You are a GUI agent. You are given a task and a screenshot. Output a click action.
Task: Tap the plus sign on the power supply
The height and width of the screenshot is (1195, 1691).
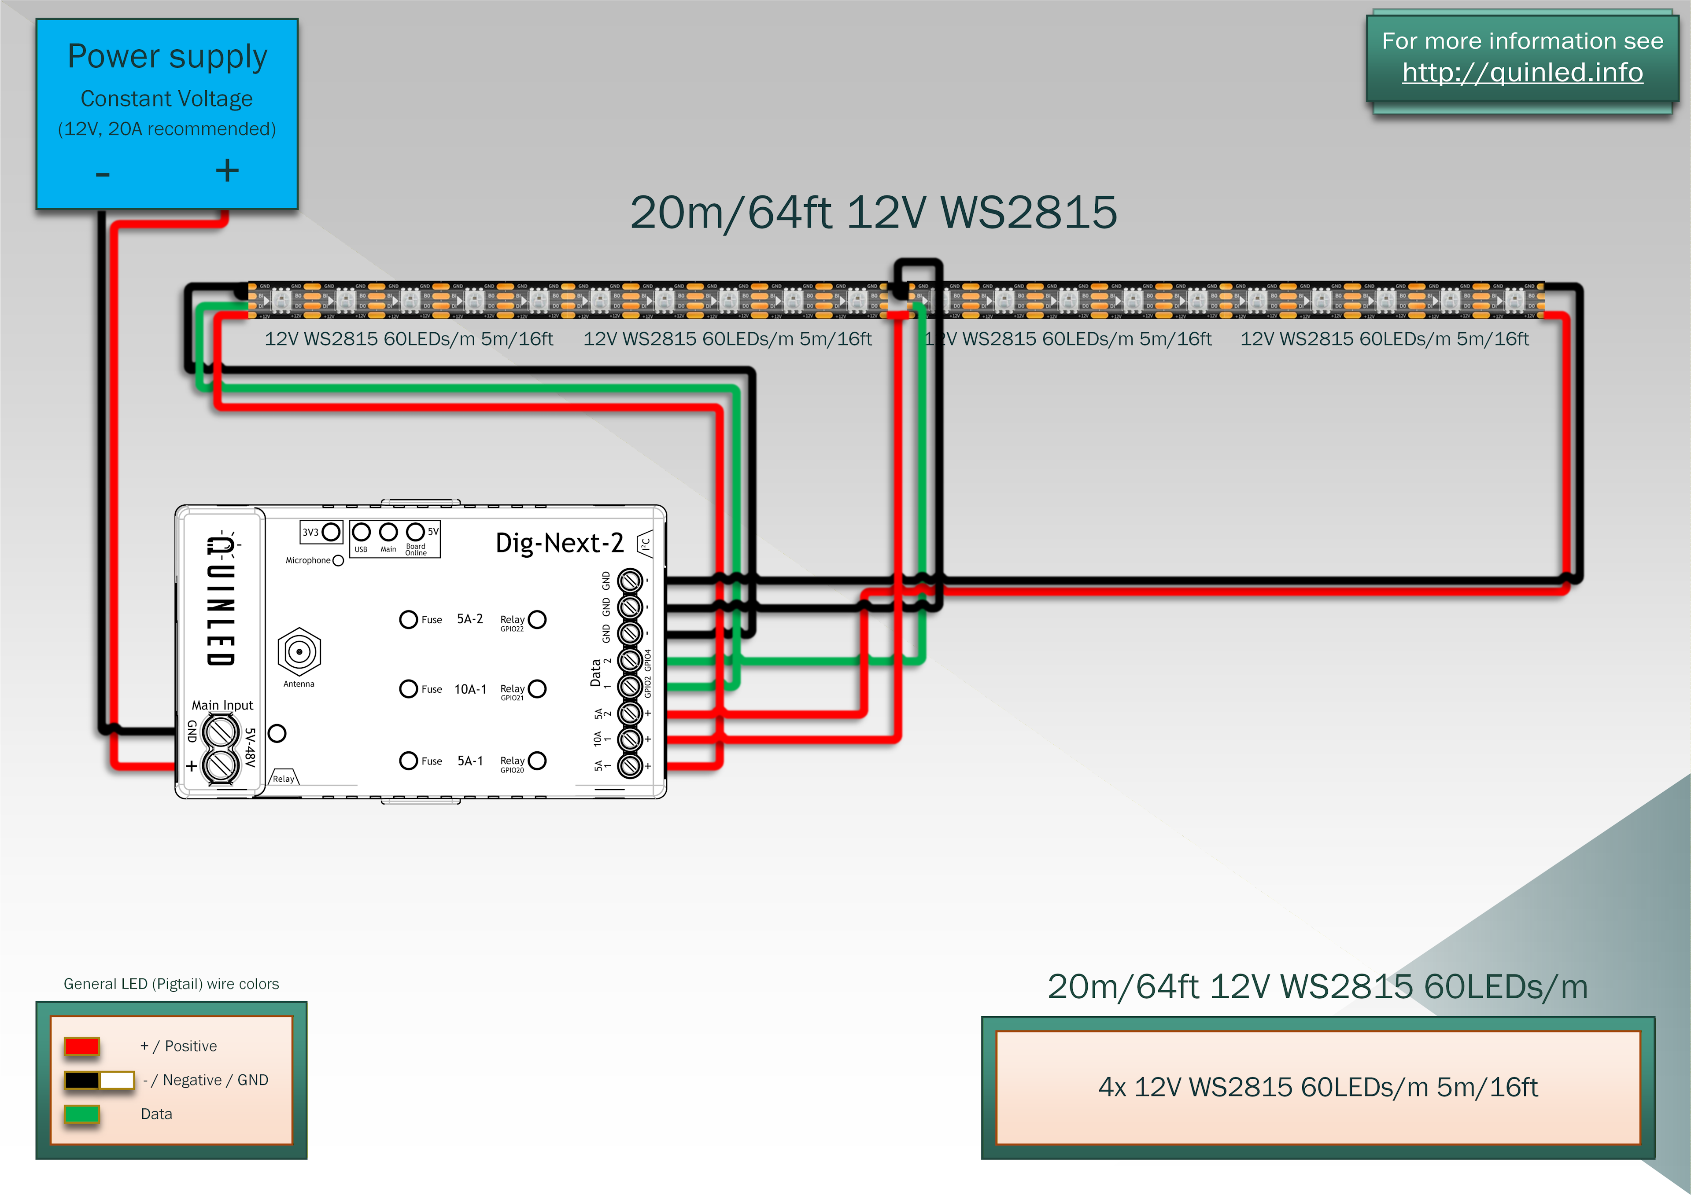point(227,171)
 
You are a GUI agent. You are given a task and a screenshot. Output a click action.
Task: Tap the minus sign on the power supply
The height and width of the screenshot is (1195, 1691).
point(102,174)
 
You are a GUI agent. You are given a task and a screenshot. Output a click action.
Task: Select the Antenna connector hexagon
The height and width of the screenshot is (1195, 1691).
point(299,651)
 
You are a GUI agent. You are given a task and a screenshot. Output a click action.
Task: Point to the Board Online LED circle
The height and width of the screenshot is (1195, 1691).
point(415,532)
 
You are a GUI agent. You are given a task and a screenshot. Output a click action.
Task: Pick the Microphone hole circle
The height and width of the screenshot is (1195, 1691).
point(338,560)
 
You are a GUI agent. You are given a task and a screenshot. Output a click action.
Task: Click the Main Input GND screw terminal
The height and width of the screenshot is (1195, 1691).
point(220,732)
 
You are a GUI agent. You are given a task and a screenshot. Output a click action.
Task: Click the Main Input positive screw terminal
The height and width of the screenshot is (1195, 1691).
point(220,766)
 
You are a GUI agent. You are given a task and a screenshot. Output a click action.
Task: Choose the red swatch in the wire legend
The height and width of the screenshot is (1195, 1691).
point(82,1045)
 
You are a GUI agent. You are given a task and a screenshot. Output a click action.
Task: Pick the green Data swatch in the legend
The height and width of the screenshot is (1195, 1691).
point(82,1113)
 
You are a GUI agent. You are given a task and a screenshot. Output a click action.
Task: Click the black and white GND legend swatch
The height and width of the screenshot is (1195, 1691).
point(99,1079)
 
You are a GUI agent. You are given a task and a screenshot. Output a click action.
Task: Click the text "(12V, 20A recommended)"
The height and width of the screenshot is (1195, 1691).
point(167,129)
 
